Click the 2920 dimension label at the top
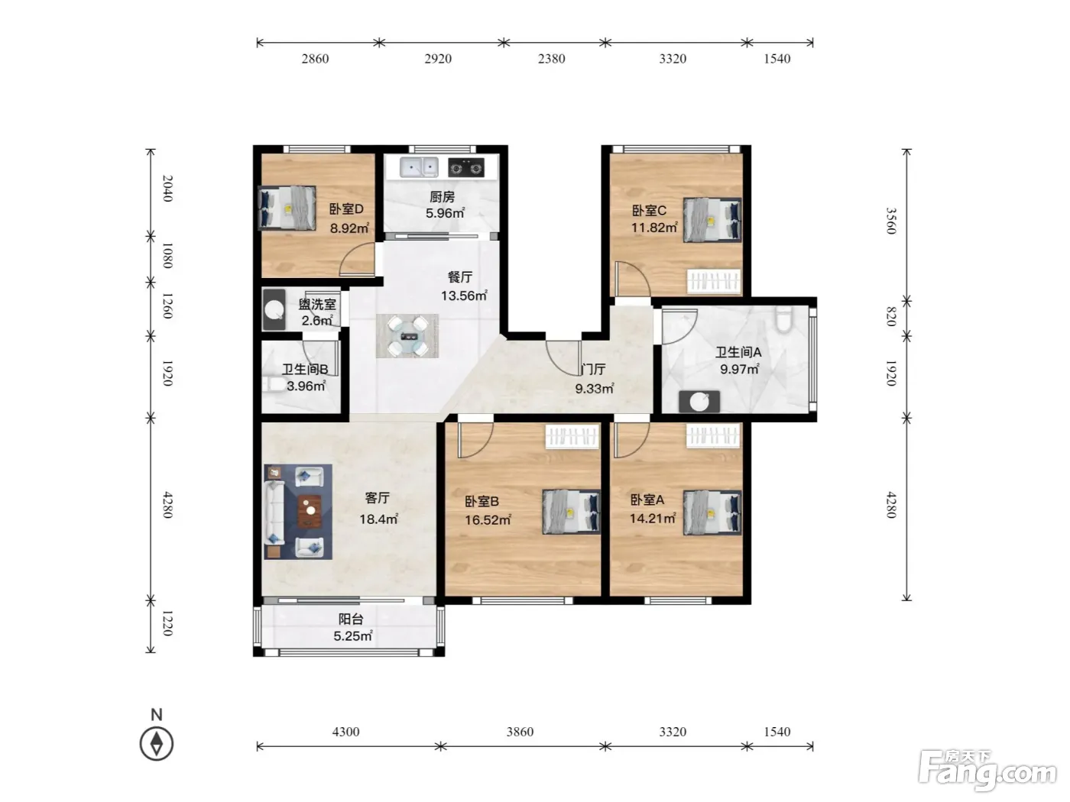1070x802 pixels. point(438,59)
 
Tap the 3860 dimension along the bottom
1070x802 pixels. point(520,732)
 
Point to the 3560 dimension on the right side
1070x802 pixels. point(891,221)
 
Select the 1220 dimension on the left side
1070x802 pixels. point(167,623)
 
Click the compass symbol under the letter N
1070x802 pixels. point(157,743)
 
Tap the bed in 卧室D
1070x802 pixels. point(287,208)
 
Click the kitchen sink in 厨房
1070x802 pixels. point(419,167)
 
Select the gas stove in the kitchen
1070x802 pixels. point(466,167)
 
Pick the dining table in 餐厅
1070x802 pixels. point(407,336)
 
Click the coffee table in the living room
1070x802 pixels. point(310,511)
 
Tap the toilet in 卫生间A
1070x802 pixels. point(784,319)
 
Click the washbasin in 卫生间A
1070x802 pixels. point(699,402)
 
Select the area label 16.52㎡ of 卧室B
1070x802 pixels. point(488,520)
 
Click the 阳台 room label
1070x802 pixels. point(351,619)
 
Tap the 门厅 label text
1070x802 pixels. point(594,370)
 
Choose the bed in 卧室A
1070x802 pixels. point(712,513)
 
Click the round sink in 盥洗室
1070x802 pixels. point(274,310)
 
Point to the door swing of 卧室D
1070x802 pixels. point(357,259)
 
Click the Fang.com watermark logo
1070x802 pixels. point(987,771)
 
